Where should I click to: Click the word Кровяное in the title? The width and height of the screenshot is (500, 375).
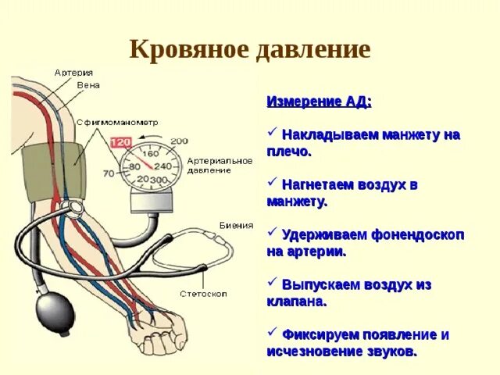(190, 50)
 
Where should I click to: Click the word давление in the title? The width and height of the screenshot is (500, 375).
(312, 50)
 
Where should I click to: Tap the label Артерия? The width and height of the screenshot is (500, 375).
(73, 73)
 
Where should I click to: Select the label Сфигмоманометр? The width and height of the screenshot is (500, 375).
(117, 123)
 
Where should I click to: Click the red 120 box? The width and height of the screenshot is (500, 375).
(121, 143)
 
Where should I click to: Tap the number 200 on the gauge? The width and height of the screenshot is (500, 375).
(179, 141)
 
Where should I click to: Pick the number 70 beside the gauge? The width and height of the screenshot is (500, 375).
(109, 173)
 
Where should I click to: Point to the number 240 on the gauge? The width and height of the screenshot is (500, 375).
(162, 166)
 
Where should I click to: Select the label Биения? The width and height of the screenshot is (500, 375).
(237, 225)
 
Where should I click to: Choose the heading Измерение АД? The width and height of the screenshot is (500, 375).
(320, 102)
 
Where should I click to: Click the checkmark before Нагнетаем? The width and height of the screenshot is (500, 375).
(273, 183)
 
